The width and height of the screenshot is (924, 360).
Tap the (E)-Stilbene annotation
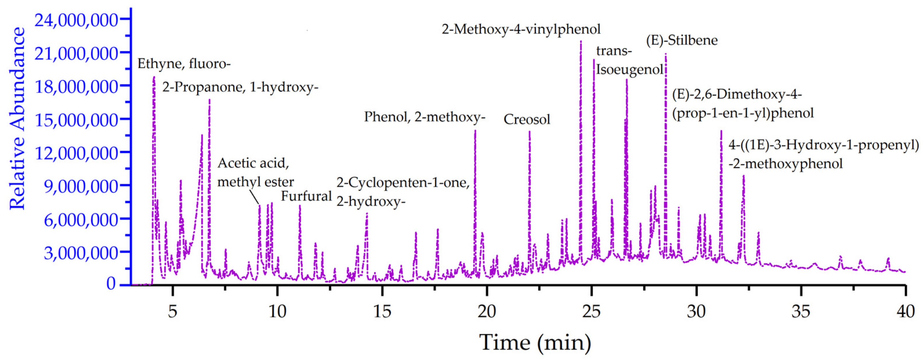coord(682,40)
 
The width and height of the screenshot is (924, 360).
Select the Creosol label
coord(527,119)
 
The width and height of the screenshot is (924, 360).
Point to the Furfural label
coord(306,196)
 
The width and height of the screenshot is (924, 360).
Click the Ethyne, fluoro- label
coord(184,64)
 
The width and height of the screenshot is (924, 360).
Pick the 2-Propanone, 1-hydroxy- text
coord(240,87)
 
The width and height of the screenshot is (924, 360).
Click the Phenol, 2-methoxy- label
coord(424,117)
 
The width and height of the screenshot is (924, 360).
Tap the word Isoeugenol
coord(629,70)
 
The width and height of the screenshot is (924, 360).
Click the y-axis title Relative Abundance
coord(17,118)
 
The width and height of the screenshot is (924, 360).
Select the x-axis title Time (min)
coord(535,342)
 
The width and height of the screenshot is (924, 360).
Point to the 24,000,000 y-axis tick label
coord(76,20)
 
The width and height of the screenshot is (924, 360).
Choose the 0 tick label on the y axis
coord(111,284)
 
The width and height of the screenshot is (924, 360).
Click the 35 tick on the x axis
coord(800,311)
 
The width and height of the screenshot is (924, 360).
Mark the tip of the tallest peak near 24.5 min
coord(581,41)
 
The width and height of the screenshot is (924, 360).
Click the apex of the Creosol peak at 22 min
coord(529,132)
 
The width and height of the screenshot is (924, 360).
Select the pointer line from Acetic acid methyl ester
coord(254,197)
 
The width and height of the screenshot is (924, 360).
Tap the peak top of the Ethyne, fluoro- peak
coord(154,77)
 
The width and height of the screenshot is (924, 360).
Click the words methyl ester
coord(255,182)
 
